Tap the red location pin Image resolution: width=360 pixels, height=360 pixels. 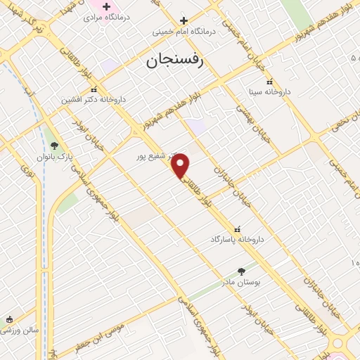coord(181,165)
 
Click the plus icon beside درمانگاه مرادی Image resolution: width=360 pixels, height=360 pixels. coord(106,6)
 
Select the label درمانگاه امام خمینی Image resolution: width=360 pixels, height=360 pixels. coord(184,32)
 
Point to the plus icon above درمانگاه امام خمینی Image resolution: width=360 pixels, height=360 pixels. coord(184,20)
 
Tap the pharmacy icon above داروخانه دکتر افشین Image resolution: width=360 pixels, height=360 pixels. coord(94,89)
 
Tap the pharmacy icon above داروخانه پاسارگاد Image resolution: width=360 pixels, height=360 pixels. coord(236,229)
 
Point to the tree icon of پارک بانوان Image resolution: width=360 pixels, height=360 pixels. coord(55,146)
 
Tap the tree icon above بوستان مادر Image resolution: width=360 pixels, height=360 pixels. coord(242,271)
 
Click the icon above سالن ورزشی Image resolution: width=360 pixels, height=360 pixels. coord(8,320)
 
